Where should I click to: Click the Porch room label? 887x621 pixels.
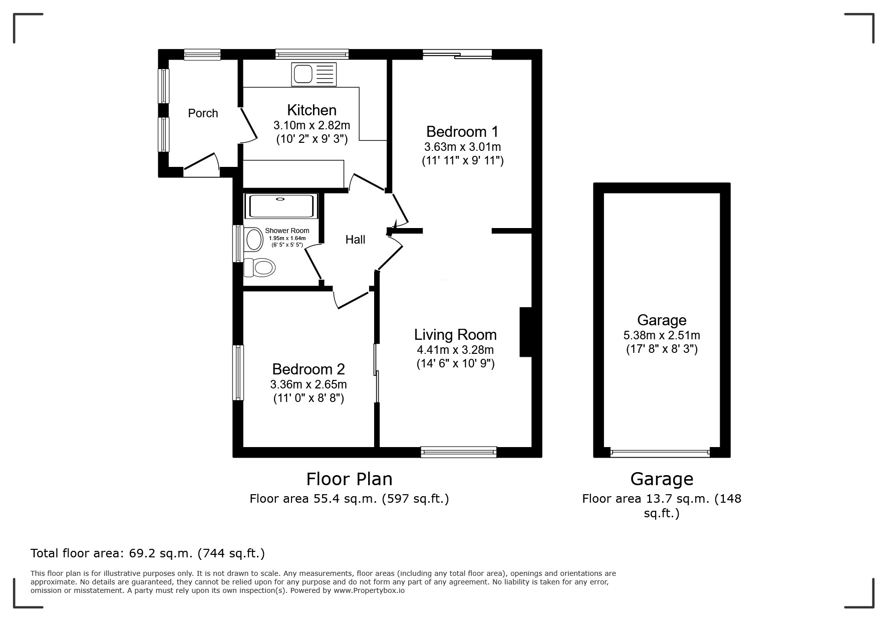tap(203, 113)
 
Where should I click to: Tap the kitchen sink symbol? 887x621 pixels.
tap(314, 74)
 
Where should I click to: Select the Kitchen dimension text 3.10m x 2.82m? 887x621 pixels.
tap(312, 125)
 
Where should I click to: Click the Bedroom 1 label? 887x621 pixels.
tap(462, 132)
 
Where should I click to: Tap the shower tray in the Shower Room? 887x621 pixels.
tap(280, 206)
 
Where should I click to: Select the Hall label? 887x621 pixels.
tap(355, 240)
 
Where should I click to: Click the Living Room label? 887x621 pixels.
tap(455, 334)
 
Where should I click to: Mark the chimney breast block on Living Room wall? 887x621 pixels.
tap(525, 332)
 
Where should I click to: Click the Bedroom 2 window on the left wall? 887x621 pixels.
tap(238, 372)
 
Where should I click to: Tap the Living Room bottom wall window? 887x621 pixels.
tap(459, 452)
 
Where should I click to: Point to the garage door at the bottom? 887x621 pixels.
tap(660, 453)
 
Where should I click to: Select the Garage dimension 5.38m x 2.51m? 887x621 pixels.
tap(662, 335)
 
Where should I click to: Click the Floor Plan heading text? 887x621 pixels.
tap(349, 479)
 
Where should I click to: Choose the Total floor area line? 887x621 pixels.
tap(148, 553)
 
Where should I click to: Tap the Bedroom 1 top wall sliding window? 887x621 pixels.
tap(457, 55)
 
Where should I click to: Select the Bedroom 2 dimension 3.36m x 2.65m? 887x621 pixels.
tap(308, 384)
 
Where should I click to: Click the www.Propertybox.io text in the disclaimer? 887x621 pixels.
tap(369, 590)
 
